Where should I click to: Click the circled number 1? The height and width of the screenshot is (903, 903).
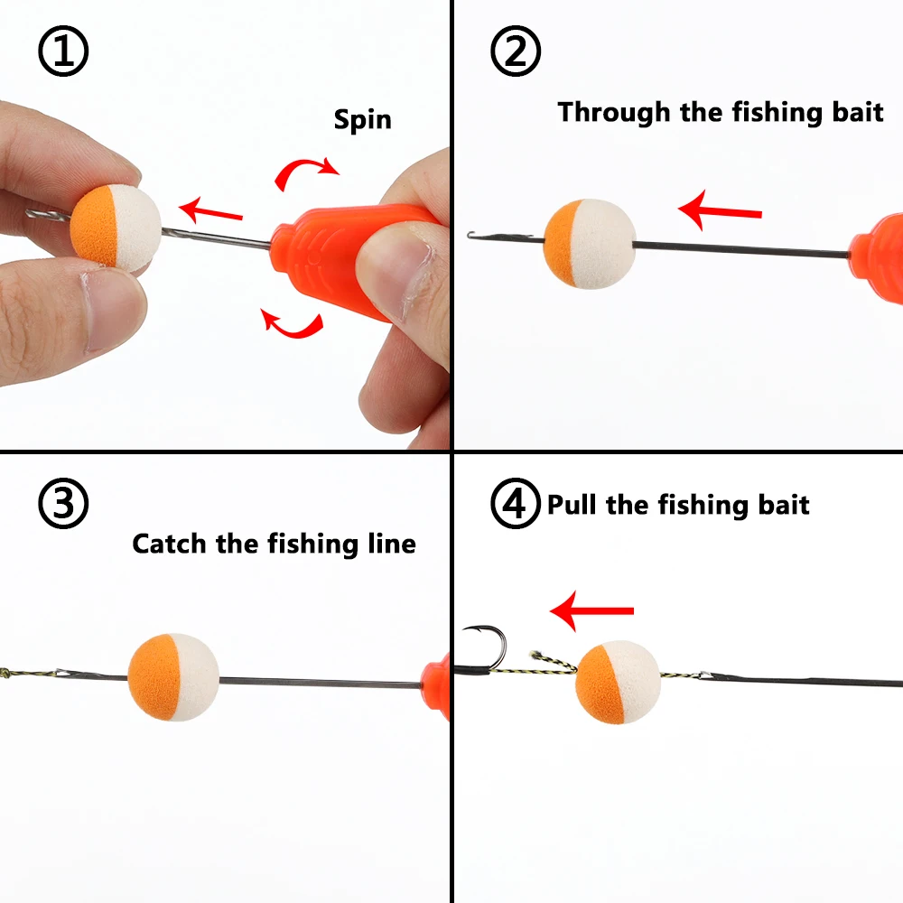coord(63,52)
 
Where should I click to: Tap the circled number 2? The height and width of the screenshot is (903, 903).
coord(516,52)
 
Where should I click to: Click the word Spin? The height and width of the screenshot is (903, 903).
coord(363,119)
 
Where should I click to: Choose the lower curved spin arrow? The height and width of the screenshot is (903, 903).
coord(292,322)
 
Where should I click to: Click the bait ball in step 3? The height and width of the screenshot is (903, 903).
coord(173,677)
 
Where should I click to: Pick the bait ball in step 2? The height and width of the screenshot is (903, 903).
coord(590,243)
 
